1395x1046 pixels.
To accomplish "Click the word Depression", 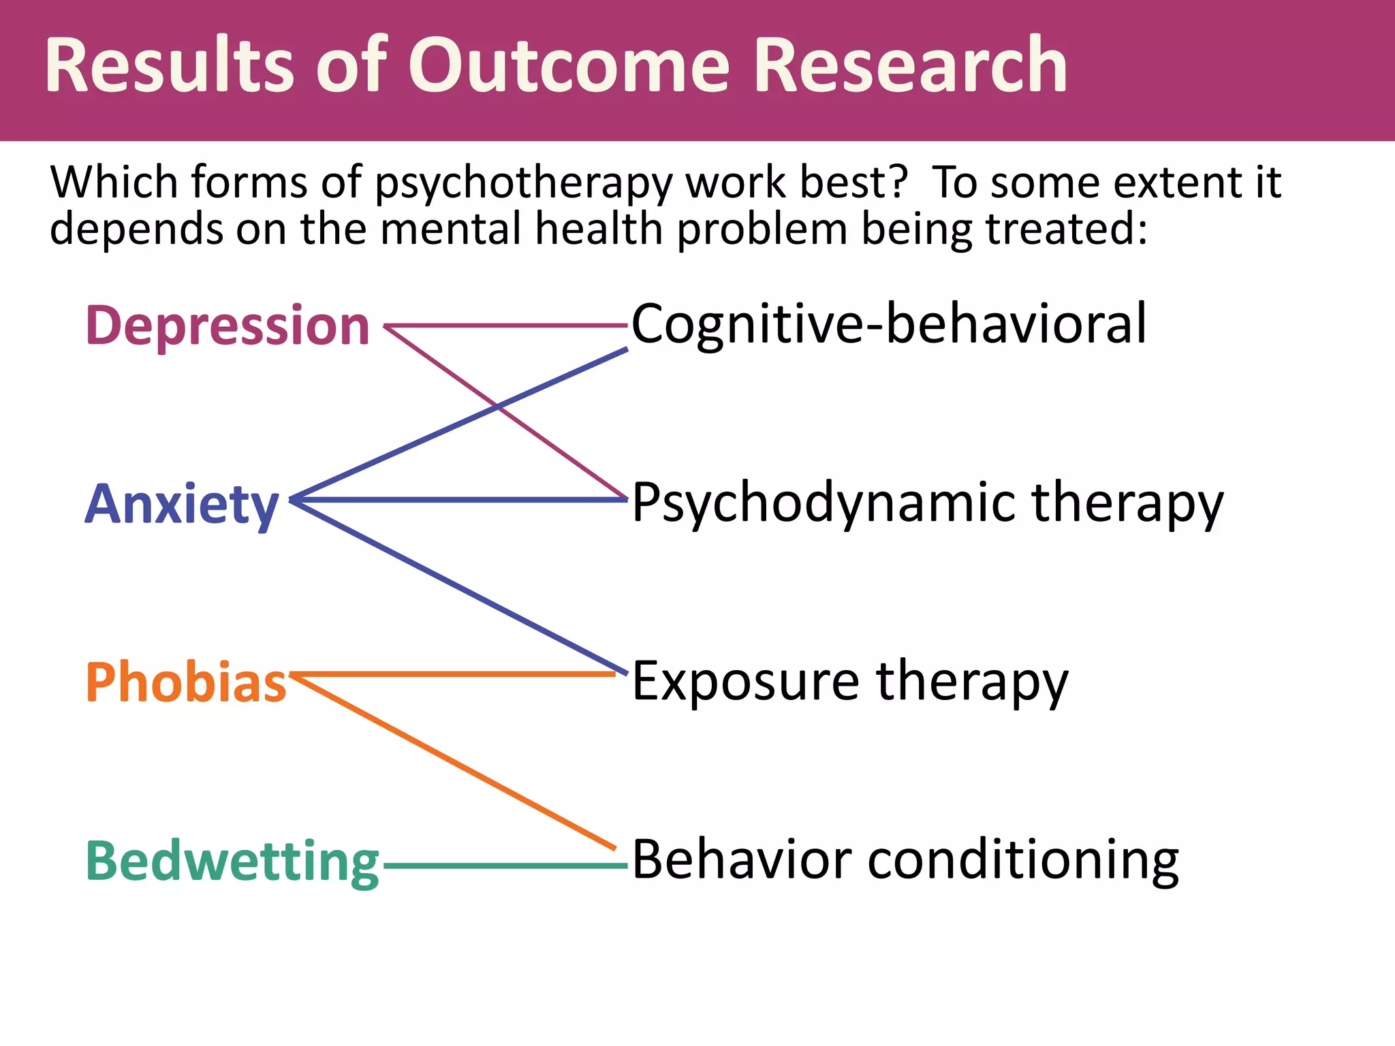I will click(228, 326).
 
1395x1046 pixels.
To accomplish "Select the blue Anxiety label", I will click(182, 505).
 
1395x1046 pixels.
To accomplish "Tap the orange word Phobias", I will click(186, 682).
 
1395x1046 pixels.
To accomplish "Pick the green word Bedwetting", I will click(232, 862).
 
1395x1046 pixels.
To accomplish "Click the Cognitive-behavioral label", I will click(889, 324).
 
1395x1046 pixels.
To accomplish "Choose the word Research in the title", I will click(911, 66).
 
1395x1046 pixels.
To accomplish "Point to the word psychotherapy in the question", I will click(523, 185).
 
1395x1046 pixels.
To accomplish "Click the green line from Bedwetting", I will click(504, 866).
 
